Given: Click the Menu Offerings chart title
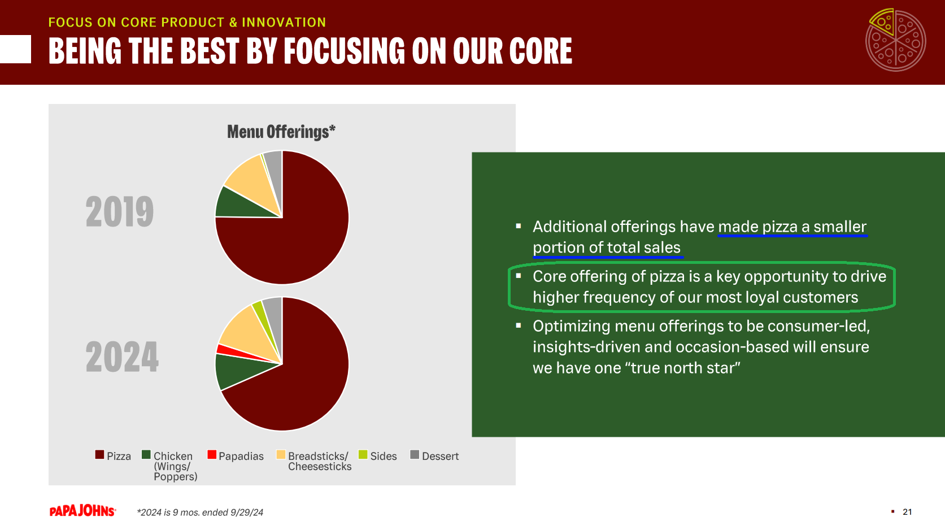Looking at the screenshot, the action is [x=281, y=132].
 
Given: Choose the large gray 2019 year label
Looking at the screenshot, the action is [x=119, y=211].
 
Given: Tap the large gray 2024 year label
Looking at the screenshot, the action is [x=122, y=357].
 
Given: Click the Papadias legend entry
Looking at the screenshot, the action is [x=236, y=456].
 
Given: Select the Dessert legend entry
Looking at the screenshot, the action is [x=434, y=456].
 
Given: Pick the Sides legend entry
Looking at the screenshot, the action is [x=377, y=456].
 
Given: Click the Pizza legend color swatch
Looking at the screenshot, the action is [x=99, y=454].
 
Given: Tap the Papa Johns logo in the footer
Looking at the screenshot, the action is [x=82, y=511].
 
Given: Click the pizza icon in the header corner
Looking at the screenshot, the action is [x=895, y=40].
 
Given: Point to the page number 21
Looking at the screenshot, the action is [x=907, y=512].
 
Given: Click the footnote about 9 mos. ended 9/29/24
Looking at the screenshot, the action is [x=200, y=512].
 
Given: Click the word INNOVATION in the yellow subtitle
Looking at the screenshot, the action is [x=284, y=22].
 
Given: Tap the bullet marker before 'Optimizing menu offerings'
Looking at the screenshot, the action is [x=519, y=325].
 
